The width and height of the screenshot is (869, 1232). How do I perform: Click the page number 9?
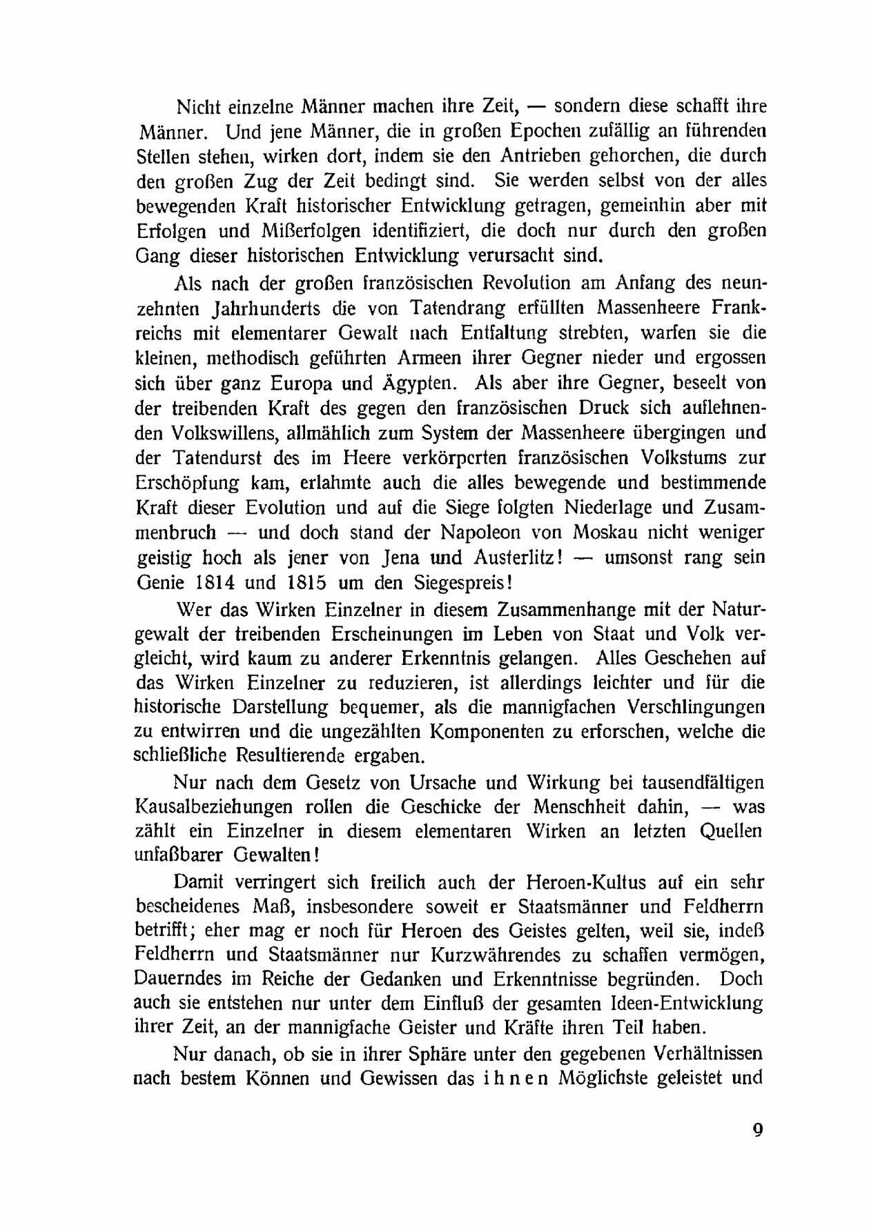[x=757, y=1131]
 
